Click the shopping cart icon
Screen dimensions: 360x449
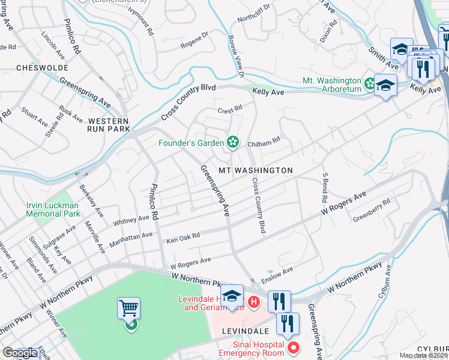[x=128, y=308]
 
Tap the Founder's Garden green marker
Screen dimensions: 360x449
[x=233, y=143]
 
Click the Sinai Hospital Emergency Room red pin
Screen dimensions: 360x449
[x=294, y=347]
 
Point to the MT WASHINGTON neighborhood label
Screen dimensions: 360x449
[x=255, y=170]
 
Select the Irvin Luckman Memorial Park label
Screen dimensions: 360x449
[x=53, y=209]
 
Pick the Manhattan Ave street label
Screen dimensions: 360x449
[x=131, y=241]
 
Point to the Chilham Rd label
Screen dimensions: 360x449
[x=264, y=140]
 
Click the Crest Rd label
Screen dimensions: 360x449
[x=229, y=109]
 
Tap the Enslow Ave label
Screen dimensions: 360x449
[x=277, y=275]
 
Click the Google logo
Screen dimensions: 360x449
[x=20, y=353]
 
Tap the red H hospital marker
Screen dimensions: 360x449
[x=254, y=301]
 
